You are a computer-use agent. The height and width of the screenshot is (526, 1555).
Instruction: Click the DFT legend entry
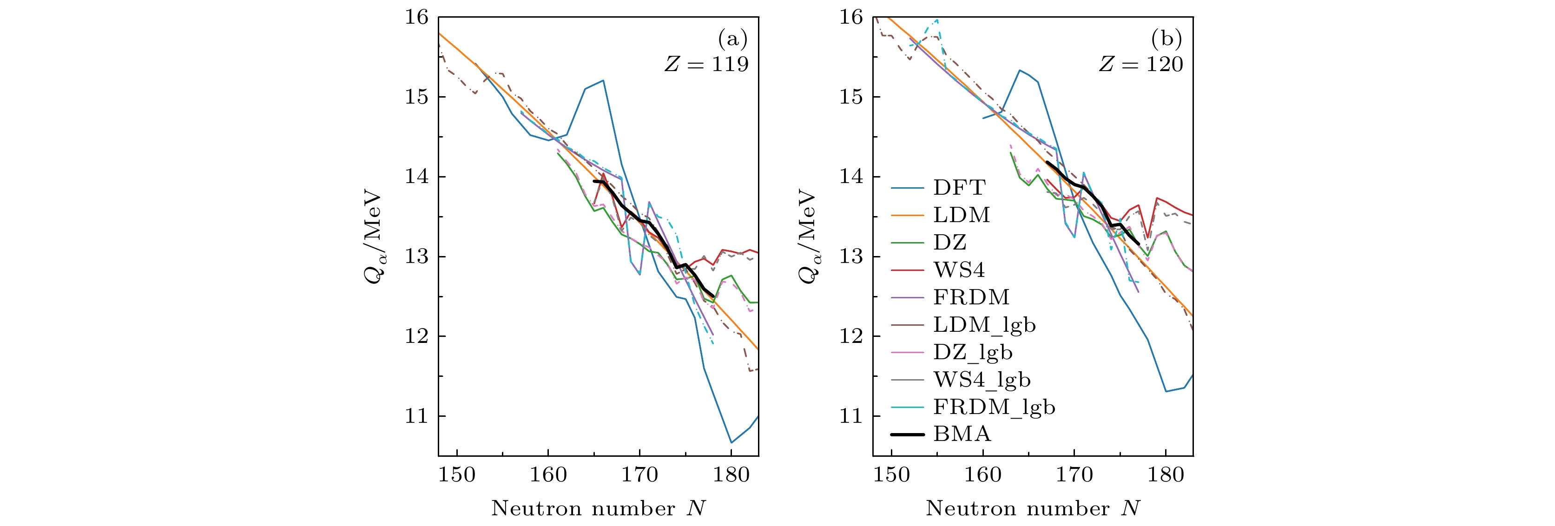tap(959, 187)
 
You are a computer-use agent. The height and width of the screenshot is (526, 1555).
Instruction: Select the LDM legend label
tap(962, 215)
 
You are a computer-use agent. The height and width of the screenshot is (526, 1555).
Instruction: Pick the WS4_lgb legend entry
tap(982, 379)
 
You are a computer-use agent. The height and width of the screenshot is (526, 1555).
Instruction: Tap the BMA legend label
tap(962, 434)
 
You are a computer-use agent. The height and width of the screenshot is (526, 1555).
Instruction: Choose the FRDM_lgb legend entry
tap(994, 407)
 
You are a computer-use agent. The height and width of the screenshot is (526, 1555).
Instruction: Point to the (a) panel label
tap(732, 39)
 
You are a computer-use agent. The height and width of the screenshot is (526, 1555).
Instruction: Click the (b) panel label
tap(1166, 39)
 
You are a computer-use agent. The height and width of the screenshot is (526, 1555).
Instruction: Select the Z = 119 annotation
tap(706, 64)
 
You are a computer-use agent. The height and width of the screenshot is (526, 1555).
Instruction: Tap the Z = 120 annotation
tap(1141, 64)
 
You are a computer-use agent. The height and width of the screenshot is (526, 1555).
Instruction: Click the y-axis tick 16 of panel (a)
tap(416, 17)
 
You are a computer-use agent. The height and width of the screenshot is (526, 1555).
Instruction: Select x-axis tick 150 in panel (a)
tap(457, 475)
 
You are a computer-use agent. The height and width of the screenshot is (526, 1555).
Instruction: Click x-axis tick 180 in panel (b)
tap(1166, 475)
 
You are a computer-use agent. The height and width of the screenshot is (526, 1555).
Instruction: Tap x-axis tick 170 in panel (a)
tap(640, 475)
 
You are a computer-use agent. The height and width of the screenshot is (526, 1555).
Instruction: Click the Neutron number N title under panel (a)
tap(598, 508)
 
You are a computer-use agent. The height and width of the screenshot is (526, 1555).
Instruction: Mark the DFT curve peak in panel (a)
tap(603, 80)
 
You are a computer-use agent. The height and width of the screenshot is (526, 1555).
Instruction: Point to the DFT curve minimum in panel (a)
tap(731, 443)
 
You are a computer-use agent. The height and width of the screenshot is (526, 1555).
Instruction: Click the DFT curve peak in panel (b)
tap(1020, 70)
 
